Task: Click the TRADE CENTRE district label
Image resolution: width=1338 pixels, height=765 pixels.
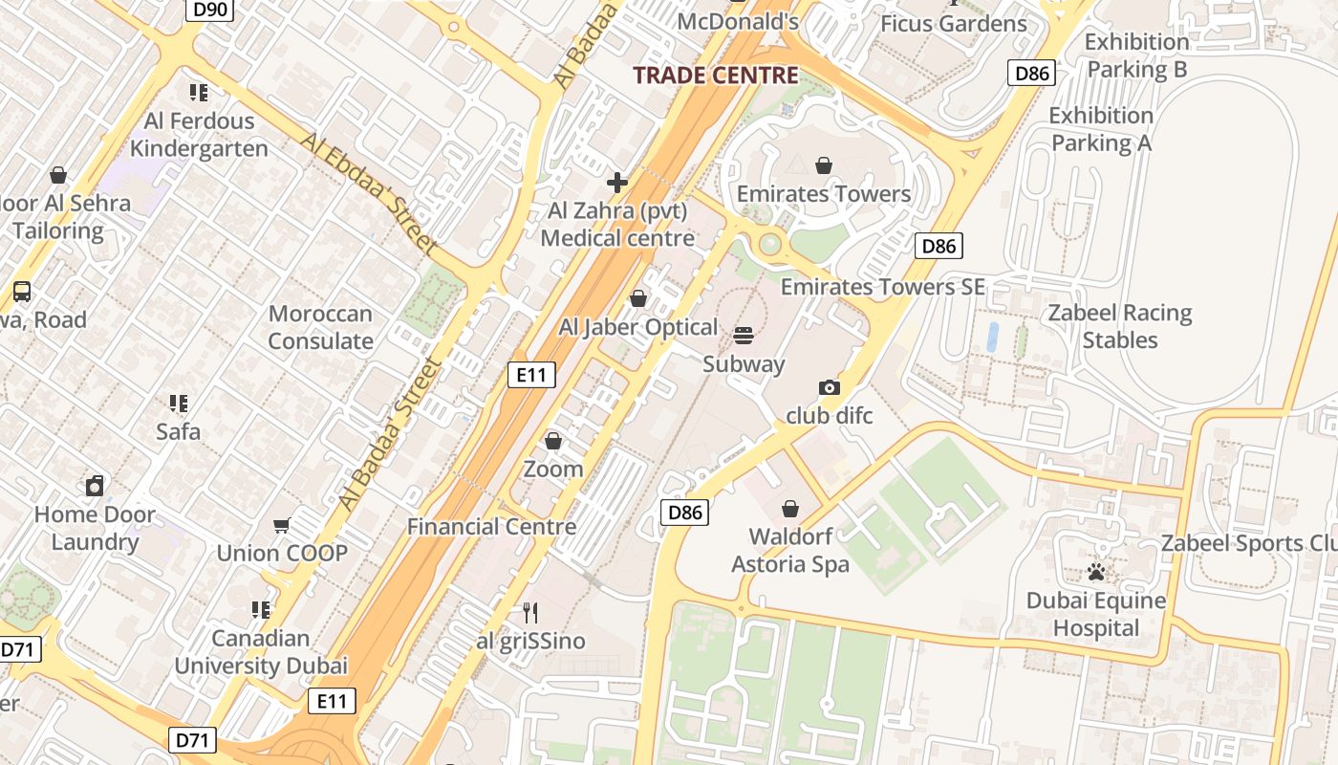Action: coord(716,76)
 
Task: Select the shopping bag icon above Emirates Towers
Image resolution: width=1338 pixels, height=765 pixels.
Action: coord(824,166)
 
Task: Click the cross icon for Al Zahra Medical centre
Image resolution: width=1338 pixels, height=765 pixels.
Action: coord(617,182)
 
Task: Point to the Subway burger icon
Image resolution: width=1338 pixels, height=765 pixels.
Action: coord(744,336)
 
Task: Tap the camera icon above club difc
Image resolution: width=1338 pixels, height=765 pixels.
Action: coord(830,387)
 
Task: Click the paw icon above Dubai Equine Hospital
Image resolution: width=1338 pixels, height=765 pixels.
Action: coord(1096,572)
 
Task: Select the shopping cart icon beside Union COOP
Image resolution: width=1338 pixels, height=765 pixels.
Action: coord(282,525)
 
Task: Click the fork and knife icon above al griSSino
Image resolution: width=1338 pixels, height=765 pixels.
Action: coord(530,612)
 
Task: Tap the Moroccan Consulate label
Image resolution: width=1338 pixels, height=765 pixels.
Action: coord(320,327)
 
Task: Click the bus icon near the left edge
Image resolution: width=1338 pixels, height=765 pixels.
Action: coord(21,292)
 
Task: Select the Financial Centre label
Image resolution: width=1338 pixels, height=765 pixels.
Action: coord(491,526)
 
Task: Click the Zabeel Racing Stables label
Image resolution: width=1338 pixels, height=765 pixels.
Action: coord(1119,326)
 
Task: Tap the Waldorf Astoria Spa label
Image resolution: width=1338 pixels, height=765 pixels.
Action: coord(789,550)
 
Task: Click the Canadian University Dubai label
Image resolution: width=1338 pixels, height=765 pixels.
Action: coord(260,651)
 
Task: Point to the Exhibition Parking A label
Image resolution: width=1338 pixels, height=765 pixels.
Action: coord(1101,129)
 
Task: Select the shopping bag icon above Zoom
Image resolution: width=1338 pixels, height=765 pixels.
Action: coord(552,441)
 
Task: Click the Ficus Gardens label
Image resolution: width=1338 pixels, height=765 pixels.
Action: coord(953,24)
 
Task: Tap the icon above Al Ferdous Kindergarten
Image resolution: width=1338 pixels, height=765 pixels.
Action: coord(199,93)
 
